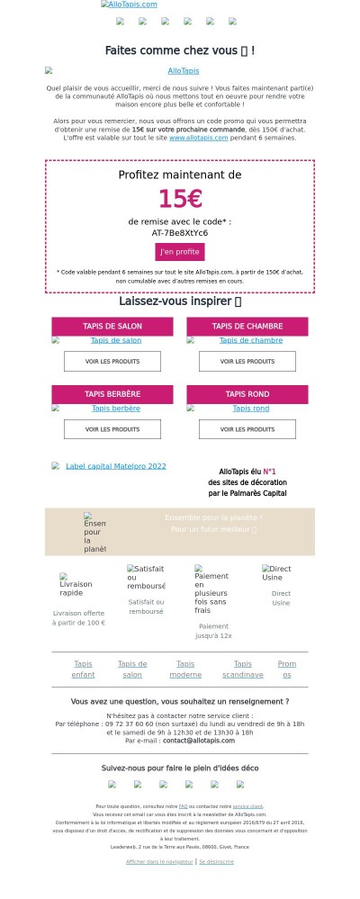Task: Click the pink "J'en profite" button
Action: [180, 252]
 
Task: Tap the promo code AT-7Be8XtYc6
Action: [180, 232]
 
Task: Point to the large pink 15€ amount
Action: [180, 199]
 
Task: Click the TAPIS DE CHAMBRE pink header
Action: [247, 326]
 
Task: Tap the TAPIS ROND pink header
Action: [247, 394]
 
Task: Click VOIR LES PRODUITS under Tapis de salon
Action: [112, 361]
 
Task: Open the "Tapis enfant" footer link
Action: [83, 669]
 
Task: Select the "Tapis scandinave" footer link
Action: [243, 669]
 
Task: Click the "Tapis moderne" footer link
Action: [185, 669]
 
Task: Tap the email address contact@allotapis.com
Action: [199, 740]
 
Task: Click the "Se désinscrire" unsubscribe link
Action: [216, 861]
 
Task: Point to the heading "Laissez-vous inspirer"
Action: [180, 301]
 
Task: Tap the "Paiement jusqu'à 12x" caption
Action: [214, 631]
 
